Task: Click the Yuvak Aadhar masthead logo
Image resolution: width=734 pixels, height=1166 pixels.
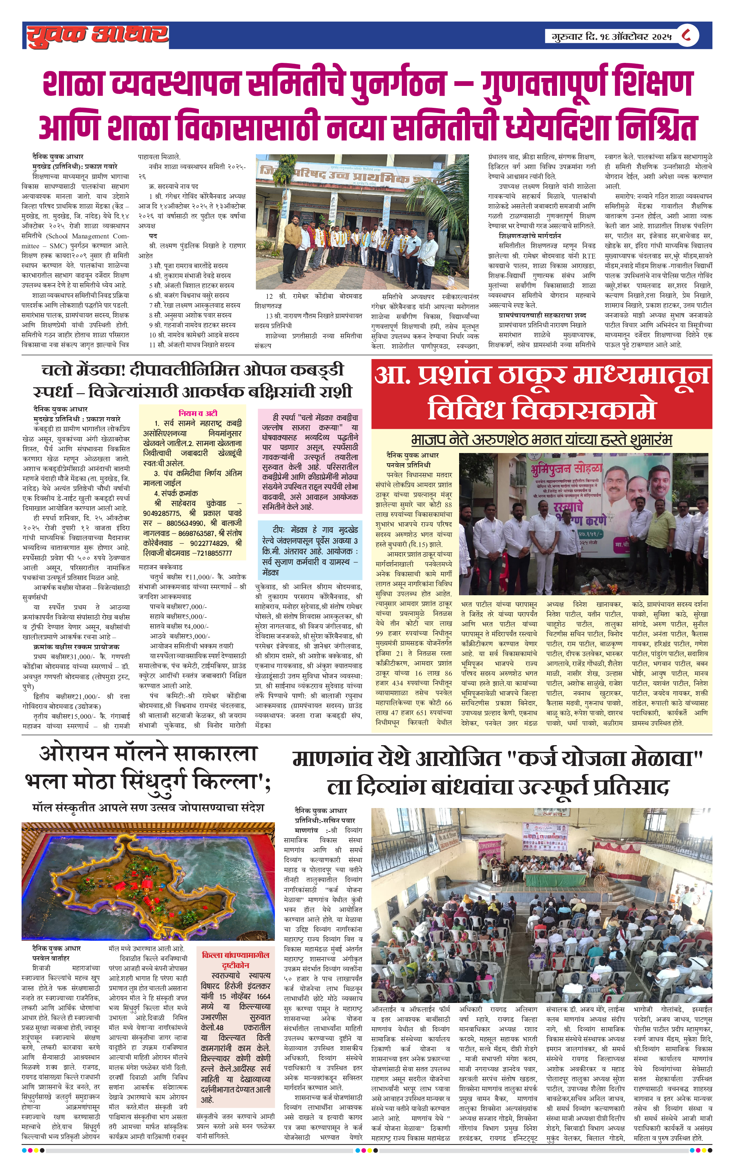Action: coord(97,35)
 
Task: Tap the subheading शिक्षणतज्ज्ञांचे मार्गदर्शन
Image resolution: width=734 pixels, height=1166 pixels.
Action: coord(530,236)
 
